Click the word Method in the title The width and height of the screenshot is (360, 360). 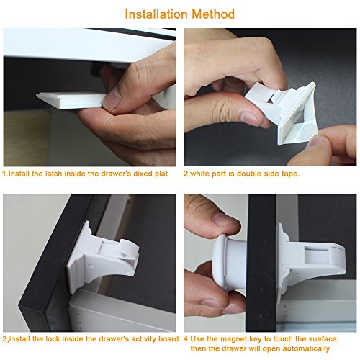click(213, 14)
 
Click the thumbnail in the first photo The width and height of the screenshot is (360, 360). click(111, 98)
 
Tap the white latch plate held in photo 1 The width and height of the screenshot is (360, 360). click(71, 100)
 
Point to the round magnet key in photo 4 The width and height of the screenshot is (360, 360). click(229, 262)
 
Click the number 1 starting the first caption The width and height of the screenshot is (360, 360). click(4, 174)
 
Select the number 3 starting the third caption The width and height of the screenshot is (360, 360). click(4, 339)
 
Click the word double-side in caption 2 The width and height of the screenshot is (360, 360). click(257, 174)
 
